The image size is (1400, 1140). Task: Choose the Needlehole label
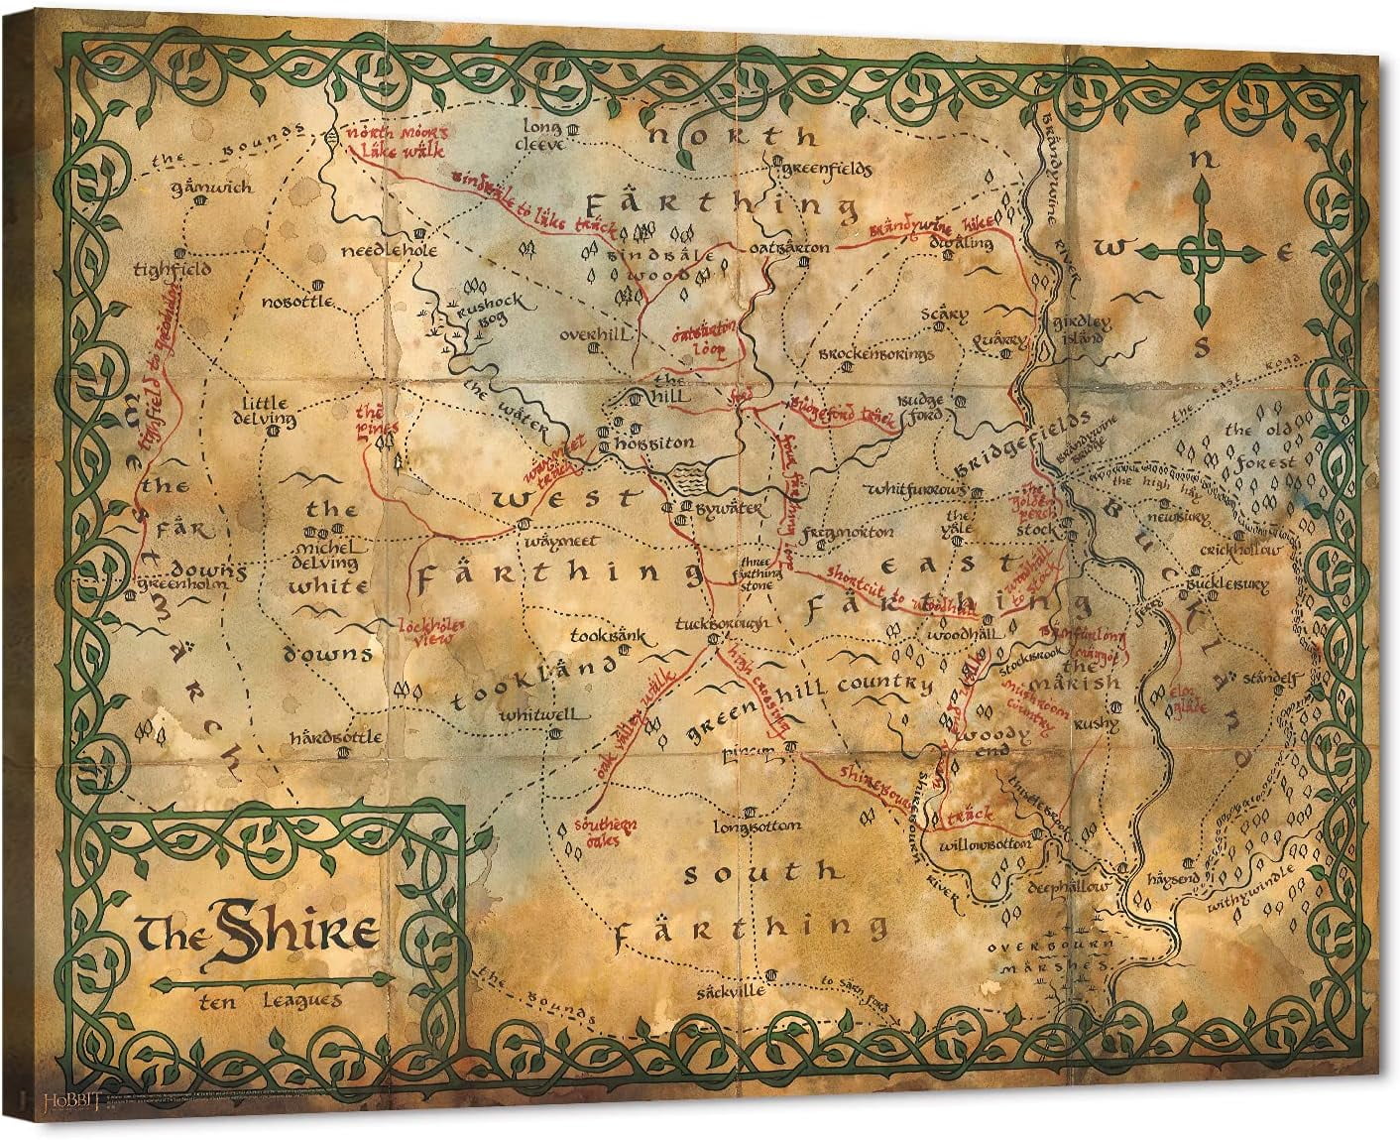[x=389, y=251]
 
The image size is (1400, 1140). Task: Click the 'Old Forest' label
[x=1259, y=446]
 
